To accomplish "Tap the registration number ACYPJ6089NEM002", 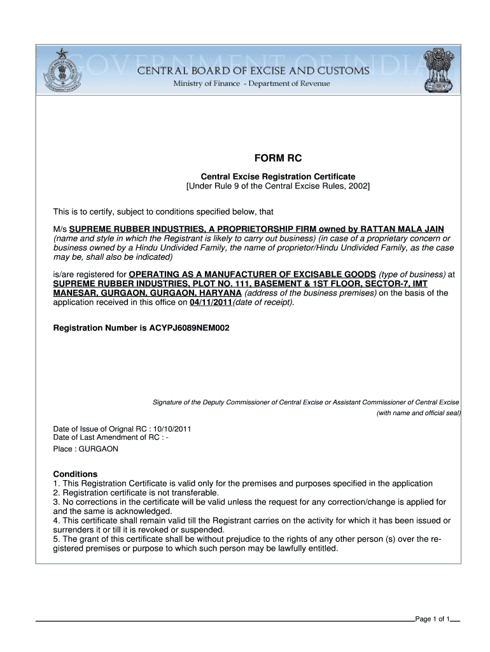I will pyautogui.click(x=189, y=328).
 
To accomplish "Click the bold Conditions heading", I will pyautogui.click(x=75, y=474).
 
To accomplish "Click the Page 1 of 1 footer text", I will pyautogui.click(x=432, y=620).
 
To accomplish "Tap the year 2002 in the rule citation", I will pyautogui.click(x=356, y=186).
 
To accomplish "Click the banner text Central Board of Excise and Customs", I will pyautogui.click(x=254, y=71).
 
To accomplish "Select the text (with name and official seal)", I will pyautogui.click(x=419, y=413).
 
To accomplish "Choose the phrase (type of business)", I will pyautogui.click(x=412, y=274).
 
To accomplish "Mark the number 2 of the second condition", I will pyautogui.click(x=56, y=493).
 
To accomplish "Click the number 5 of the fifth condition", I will pyautogui.click(x=56, y=539).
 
